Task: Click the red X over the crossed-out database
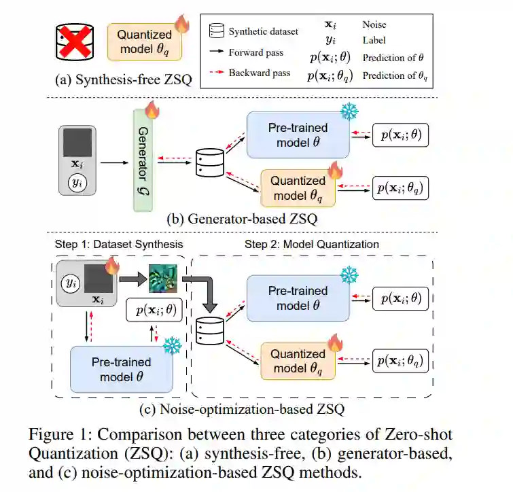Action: [75, 42]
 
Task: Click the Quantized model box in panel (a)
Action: [144, 42]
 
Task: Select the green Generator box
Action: [143, 160]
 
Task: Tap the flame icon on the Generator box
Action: [152, 109]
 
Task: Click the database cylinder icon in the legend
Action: [217, 31]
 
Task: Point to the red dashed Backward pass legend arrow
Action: [217, 72]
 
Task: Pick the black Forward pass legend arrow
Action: [217, 52]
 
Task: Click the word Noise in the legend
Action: [374, 24]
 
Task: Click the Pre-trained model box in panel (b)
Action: [298, 135]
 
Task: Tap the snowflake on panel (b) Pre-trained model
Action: [349, 111]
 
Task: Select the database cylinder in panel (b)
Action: [210, 162]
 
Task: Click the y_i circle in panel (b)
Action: [77, 183]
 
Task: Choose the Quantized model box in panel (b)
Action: [298, 188]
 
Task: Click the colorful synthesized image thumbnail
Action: [163, 279]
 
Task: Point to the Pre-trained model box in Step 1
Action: [122, 369]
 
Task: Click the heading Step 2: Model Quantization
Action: [312, 244]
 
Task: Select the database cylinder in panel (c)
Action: [210, 331]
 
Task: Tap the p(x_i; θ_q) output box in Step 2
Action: [400, 361]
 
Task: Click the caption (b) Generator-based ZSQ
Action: [242, 219]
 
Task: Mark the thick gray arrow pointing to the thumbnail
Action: [132, 279]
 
